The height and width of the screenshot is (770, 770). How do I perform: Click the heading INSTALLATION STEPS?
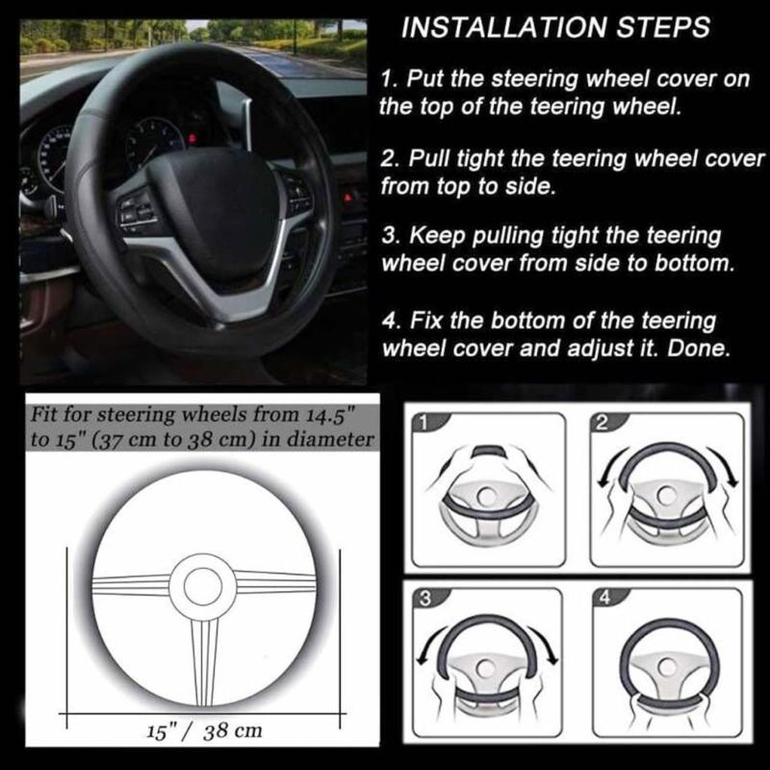point(555,28)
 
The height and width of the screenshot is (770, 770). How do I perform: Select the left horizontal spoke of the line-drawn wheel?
point(130,584)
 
